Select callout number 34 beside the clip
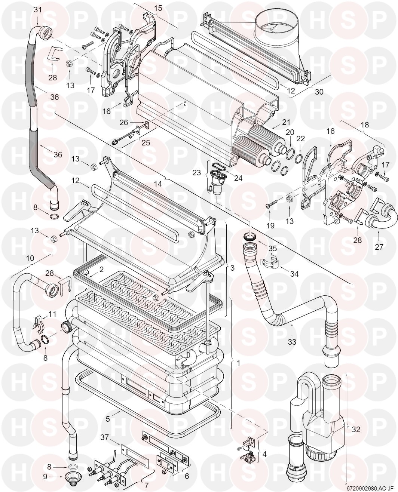[x=294, y=274]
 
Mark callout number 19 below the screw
[x=270, y=225]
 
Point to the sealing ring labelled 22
[x=299, y=159]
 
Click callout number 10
[x=30, y=258]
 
